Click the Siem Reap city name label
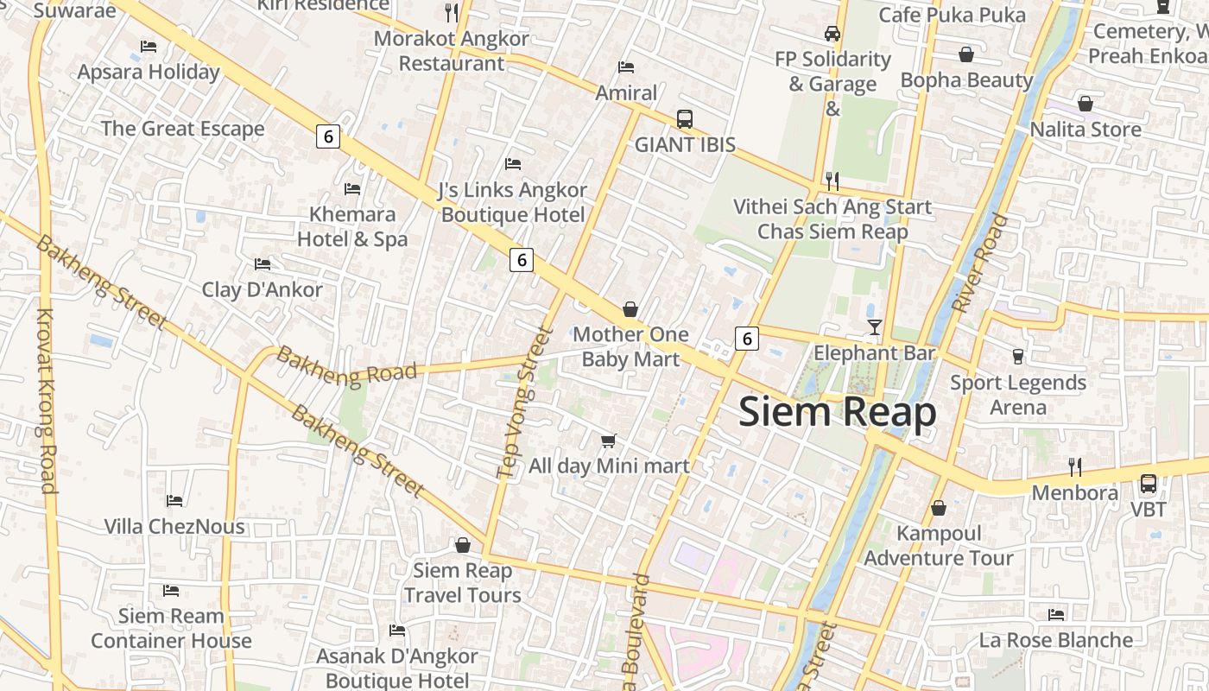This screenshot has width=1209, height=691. pos(837,412)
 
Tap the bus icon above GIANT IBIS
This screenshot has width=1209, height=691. pos(685,119)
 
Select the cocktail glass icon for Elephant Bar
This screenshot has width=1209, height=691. pos(875,327)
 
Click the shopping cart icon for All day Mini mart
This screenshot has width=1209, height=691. pos(608,441)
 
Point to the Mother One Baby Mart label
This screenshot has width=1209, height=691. pos(630,346)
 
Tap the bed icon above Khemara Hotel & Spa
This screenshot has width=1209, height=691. pos(351,188)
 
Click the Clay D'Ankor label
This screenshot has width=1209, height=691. pos(262,289)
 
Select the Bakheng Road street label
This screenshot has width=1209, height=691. pos(346,365)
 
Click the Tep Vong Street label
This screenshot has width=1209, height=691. pos(524,402)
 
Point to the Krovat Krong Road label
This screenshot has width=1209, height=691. pos(46,401)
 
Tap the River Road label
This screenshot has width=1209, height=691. pos(979,263)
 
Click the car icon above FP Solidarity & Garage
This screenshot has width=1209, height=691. pos(832,34)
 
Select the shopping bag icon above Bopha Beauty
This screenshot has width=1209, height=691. pos(966,54)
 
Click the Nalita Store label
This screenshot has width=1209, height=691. pos(1086,130)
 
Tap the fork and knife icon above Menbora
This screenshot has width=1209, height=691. pos(1075,467)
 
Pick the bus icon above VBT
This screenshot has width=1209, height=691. pos(1149,484)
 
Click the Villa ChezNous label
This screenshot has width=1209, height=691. pos(174,526)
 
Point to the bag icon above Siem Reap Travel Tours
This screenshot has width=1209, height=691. pos(463,545)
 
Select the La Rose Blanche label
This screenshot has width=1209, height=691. pos(1055,640)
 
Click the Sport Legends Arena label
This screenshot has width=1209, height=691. pos(1018,395)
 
